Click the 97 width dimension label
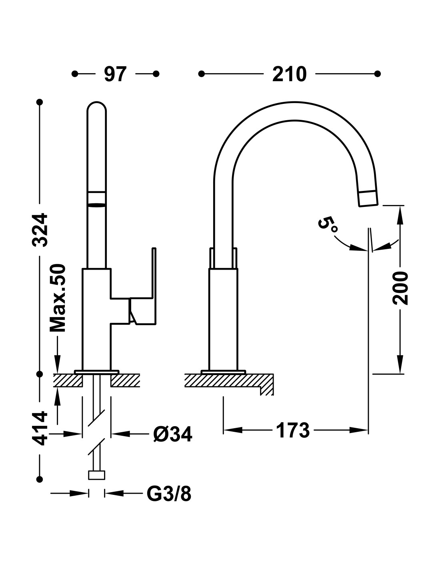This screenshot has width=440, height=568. pos(115,74)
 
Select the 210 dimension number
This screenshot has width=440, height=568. pos(289,74)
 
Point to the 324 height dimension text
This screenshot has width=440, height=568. pos(40,230)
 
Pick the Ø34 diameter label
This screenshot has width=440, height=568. pos(173,434)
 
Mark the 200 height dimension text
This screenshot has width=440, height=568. pos(400,288)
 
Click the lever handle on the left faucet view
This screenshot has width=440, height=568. pos(143,297)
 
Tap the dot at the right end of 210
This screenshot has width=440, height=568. pos(378,74)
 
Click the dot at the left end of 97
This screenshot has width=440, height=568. pos(74,74)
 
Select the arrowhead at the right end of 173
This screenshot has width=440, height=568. pos(359,430)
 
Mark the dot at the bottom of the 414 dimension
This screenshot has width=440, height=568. pos(40,479)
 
